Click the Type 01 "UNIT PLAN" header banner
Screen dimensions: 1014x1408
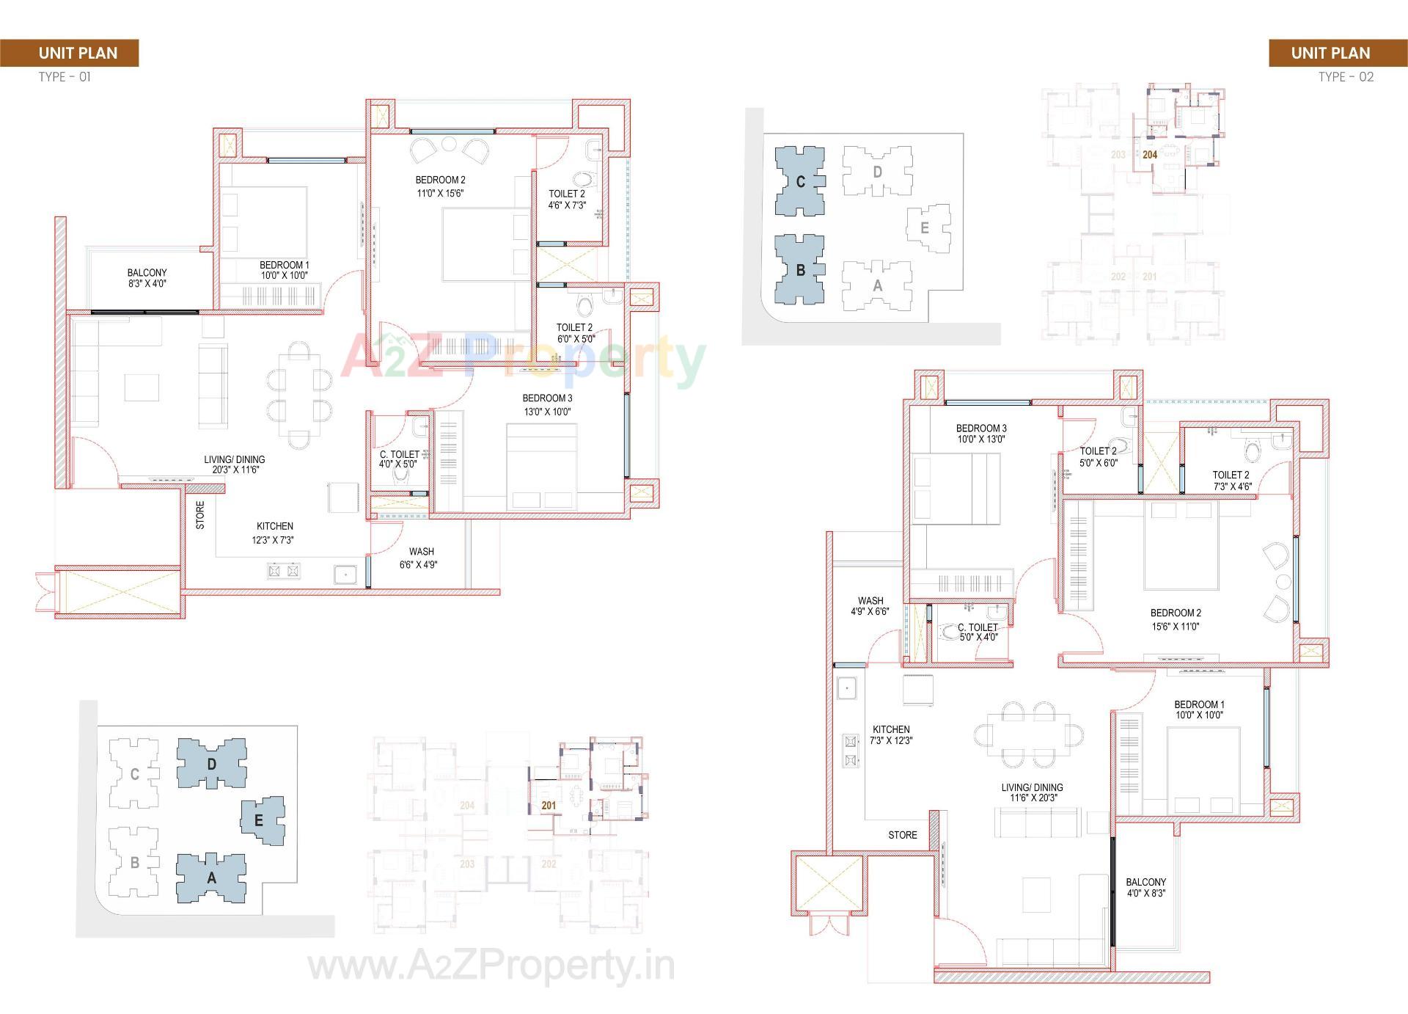point(78,53)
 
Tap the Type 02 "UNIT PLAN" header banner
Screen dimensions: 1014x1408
point(1330,53)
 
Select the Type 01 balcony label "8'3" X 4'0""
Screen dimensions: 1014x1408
point(147,283)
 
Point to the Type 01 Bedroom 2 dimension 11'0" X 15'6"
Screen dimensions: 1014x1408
point(440,193)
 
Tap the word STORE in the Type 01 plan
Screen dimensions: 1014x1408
point(200,514)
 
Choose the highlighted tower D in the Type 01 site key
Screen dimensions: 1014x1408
point(211,764)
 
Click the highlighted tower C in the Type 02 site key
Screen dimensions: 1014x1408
point(800,181)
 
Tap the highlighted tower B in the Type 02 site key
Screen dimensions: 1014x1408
point(800,269)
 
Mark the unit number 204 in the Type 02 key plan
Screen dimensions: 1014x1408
point(1150,155)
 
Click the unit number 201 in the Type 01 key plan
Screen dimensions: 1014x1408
point(549,805)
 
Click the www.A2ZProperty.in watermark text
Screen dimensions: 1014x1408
point(491,967)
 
